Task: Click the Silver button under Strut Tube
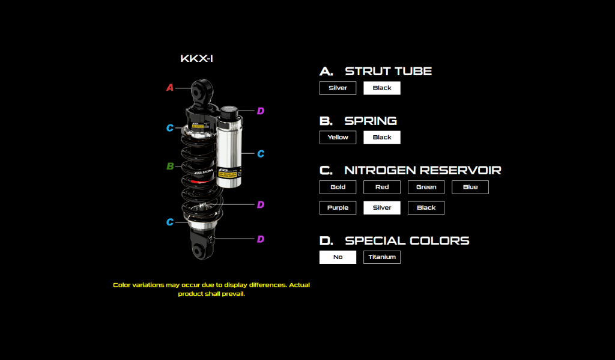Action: [338, 88]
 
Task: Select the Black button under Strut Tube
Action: [381, 88]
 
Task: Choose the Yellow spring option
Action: [338, 137]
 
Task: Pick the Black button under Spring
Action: [381, 137]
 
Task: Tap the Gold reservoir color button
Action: [338, 187]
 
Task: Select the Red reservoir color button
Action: [381, 187]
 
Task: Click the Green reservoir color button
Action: [426, 187]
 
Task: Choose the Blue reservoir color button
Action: [470, 187]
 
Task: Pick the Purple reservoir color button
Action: [338, 208]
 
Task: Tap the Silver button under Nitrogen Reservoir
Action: [381, 208]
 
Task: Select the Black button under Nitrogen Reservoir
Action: [426, 208]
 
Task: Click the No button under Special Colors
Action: [338, 257]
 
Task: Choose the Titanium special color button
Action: [381, 257]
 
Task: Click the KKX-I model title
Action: [197, 59]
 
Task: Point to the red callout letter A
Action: [170, 88]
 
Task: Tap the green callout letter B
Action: [170, 166]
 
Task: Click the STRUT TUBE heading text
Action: [388, 71]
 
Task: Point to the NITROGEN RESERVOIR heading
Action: [423, 170]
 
